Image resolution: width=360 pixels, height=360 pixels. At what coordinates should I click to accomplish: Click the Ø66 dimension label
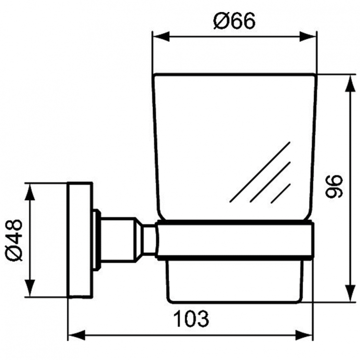click(234, 21)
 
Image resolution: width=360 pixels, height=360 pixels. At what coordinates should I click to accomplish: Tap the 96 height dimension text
click(334, 186)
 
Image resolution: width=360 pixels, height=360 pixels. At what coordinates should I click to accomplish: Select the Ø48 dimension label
click(14, 240)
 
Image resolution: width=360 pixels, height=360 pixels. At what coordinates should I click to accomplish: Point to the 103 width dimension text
click(191, 318)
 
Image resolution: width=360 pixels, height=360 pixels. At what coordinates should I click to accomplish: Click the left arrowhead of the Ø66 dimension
click(161, 36)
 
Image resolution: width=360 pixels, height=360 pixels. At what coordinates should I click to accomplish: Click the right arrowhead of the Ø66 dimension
click(308, 36)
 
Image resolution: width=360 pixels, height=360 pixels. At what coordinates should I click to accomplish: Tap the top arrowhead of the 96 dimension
click(350, 84)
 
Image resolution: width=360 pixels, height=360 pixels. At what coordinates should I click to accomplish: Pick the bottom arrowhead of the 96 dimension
click(350, 293)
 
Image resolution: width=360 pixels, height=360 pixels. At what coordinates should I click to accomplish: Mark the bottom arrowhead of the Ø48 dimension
click(30, 288)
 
